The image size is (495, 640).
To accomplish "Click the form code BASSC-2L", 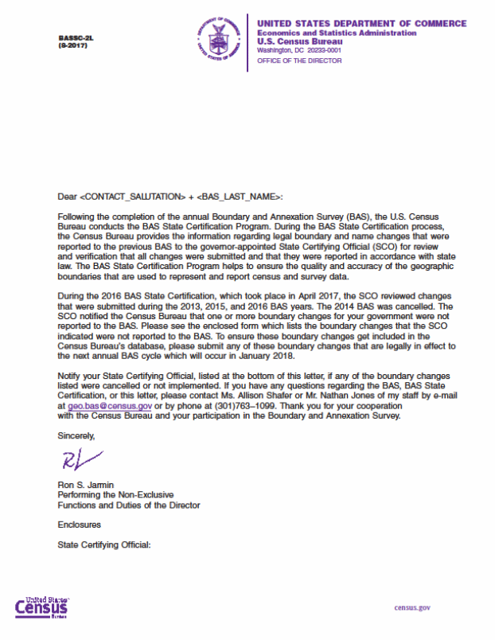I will (72, 38).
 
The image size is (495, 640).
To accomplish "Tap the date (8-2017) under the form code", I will (72, 45).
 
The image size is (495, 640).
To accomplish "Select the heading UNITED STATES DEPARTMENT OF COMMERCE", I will (362, 24).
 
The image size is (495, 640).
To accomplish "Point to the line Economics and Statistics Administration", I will (337, 33).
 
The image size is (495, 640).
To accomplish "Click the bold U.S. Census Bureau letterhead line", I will (294, 41).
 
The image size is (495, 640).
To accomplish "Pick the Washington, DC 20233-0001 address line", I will (298, 50).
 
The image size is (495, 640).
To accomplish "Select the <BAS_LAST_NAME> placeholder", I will (237, 196).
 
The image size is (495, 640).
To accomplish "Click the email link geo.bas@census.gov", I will (103, 405).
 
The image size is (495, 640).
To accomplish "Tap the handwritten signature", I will (81, 459).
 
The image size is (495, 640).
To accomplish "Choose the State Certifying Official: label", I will (103, 545).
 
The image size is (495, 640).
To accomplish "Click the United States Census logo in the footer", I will (42, 607).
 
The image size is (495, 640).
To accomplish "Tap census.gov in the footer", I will (412, 607).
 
